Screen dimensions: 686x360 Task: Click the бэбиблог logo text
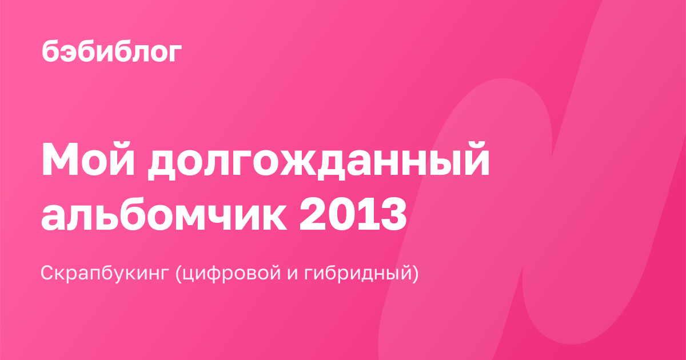pos(112,51)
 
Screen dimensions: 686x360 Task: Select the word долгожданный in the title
pos(319,161)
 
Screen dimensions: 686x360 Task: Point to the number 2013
pos(353,213)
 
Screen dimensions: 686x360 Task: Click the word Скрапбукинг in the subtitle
pos(105,273)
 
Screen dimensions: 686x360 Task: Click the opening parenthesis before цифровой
pos(178,273)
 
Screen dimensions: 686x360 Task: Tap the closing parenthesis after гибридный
pos(415,273)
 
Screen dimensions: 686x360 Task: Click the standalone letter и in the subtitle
pos(293,275)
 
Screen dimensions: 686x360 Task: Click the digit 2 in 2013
pos(312,213)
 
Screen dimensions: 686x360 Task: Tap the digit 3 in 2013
pos(394,213)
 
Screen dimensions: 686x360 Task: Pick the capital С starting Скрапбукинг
pos(48,273)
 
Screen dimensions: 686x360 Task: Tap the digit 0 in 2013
pos(341,213)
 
